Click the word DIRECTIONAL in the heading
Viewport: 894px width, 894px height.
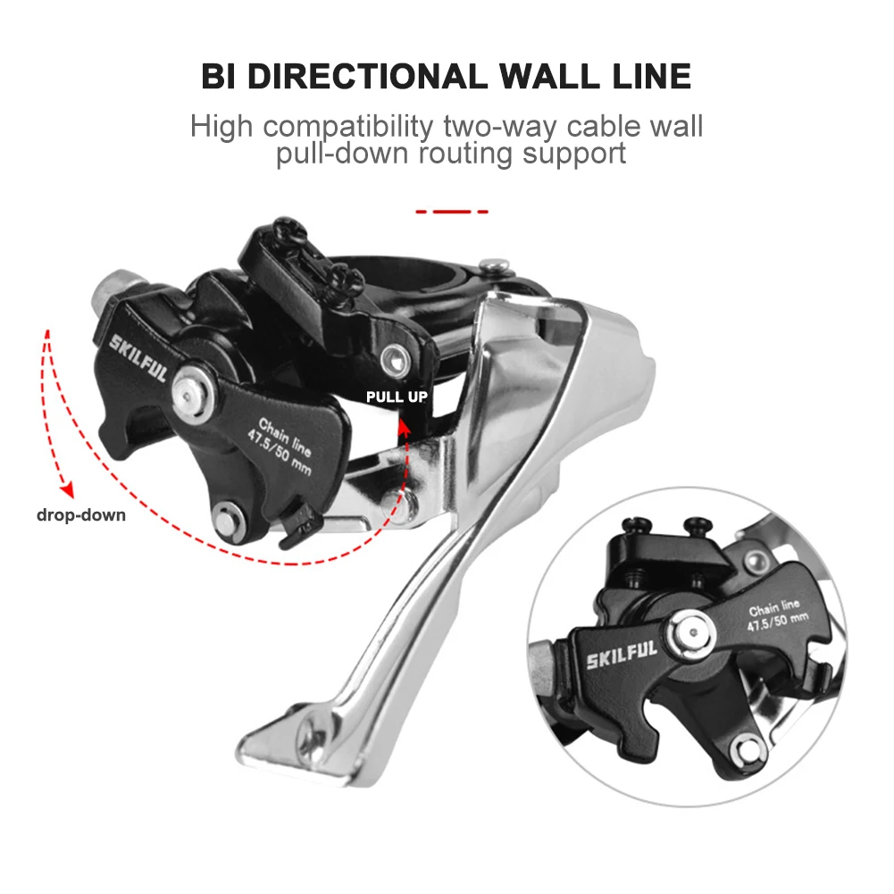pyautogui.click(x=366, y=76)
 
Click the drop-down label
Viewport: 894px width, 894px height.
pyautogui.click(x=81, y=514)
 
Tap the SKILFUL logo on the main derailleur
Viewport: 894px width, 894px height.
pyautogui.click(x=138, y=355)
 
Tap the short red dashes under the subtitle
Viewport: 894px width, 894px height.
pyautogui.click(x=452, y=212)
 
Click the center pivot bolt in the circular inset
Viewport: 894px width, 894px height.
pyautogui.click(x=692, y=633)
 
